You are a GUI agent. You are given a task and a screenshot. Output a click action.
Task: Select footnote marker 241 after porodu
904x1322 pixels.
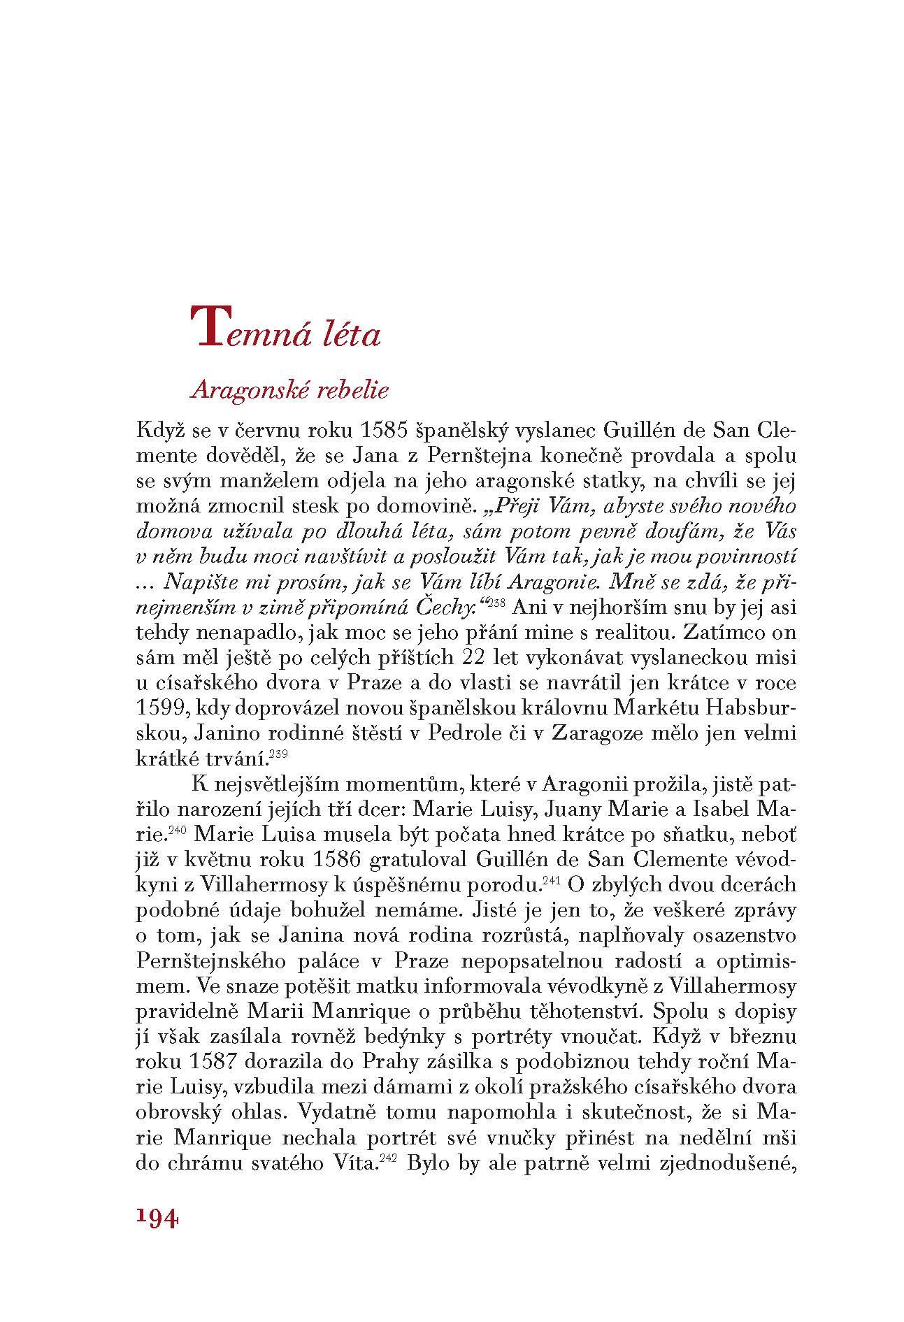tap(553, 879)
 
